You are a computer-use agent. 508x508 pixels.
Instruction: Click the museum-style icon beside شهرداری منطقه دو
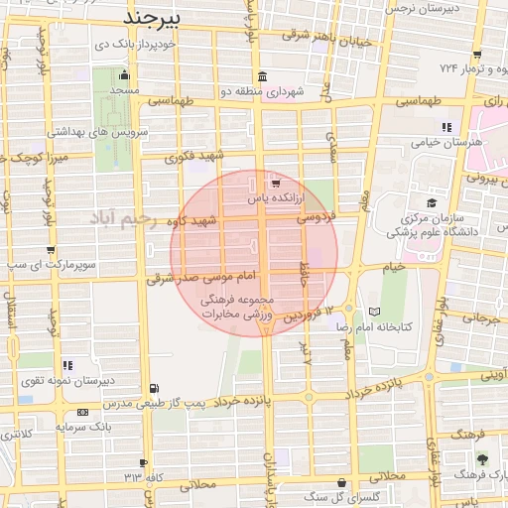click(261, 77)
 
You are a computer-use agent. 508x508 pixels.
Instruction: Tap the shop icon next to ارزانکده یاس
click(275, 184)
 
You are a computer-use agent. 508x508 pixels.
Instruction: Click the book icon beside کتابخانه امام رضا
click(373, 312)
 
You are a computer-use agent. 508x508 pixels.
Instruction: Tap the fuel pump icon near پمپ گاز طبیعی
click(153, 388)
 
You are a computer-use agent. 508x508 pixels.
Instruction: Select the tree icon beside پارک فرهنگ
click(482, 459)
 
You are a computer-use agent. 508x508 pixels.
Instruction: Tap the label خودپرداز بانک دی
click(136, 45)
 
